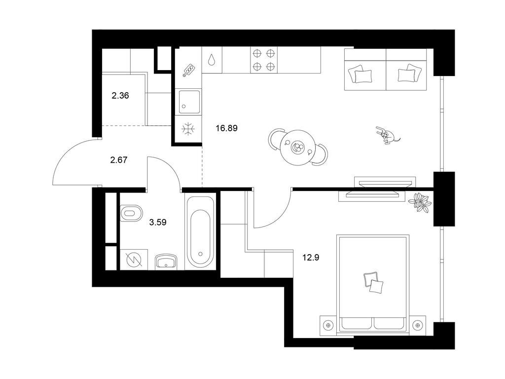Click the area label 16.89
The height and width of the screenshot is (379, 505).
pos(227,128)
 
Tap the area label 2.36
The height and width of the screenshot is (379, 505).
pos(120,96)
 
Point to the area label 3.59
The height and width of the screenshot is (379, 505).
pos(158,222)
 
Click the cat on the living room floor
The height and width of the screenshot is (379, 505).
pos(388,135)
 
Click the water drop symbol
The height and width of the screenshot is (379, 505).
pos(211,60)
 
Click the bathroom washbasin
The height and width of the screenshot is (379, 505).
pos(167,261)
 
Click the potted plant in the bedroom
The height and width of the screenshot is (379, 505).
pos(421,201)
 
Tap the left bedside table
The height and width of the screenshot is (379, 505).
pos(328,325)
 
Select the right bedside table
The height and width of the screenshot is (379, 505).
pos(417,325)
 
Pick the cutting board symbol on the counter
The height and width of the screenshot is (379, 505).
pos(189,71)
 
